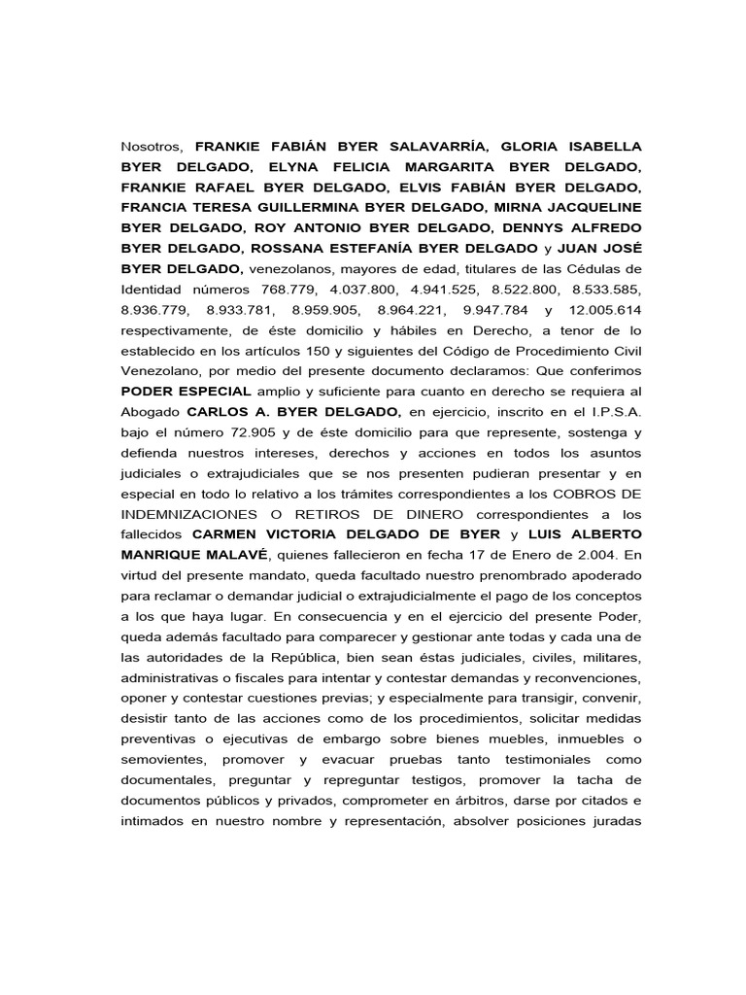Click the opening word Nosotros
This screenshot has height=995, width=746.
point(152,146)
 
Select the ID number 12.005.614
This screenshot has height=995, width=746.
point(602,310)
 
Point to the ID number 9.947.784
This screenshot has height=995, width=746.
point(494,310)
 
